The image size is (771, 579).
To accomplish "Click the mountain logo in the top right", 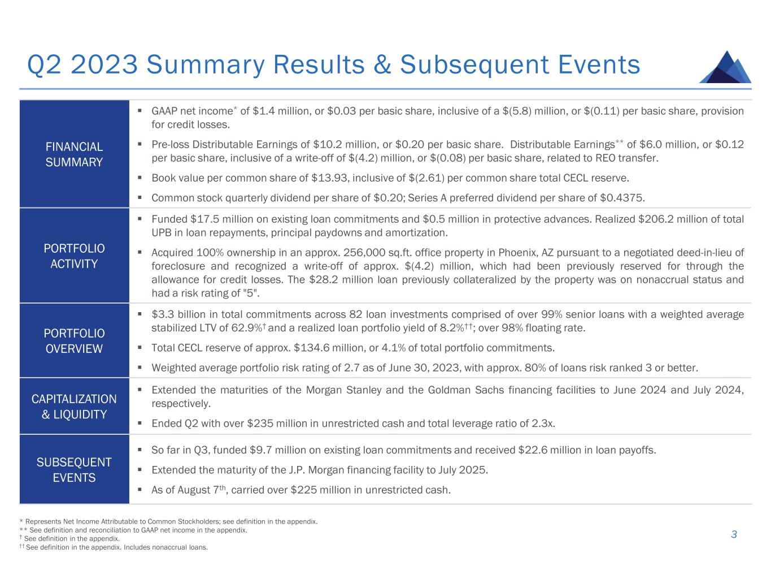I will [725, 67].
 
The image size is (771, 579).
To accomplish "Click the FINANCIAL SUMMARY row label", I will [74, 154].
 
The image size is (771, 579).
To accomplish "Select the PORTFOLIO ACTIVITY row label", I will [74, 256].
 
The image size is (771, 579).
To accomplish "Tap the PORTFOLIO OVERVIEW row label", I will [74, 340].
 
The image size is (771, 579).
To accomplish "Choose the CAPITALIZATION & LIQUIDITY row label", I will [74, 407].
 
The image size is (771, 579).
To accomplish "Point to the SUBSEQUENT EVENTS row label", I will [74, 470].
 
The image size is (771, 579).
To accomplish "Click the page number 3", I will [734, 534].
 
